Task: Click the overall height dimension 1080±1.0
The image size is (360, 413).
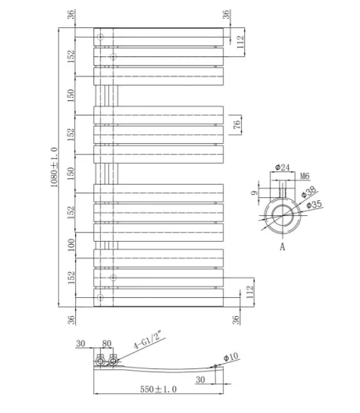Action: [55, 167]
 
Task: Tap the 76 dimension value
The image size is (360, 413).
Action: [236, 124]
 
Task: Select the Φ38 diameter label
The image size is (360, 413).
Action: [311, 192]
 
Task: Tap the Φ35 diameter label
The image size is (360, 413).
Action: [314, 205]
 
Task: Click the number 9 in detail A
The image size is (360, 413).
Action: [255, 194]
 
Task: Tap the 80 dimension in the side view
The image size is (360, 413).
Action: [106, 343]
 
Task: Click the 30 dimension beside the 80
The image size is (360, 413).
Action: [81, 343]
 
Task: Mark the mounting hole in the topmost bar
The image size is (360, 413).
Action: [100, 37]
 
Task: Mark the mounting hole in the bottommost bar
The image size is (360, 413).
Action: [100, 298]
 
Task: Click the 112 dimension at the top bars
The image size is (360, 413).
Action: [242, 41]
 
